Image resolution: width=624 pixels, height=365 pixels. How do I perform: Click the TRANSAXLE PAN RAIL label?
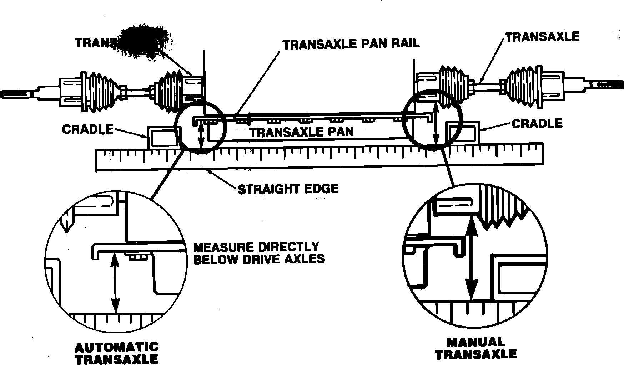[x=351, y=44]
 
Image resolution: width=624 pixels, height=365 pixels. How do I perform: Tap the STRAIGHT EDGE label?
[x=288, y=188]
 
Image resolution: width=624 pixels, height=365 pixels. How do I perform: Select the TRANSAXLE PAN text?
[x=301, y=132]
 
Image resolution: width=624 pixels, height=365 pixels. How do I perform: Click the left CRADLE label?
[x=87, y=129]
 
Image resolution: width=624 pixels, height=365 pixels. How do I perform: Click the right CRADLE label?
[x=537, y=124]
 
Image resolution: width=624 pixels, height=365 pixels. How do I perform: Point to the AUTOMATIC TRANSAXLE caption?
[x=116, y=353]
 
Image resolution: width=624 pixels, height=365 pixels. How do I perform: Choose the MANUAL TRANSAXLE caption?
[x=476, y=349]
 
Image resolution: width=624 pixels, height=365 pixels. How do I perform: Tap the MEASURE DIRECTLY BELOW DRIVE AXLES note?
[x=258, y=253]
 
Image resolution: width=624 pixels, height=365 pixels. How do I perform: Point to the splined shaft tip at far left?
[x=14, y=94]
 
